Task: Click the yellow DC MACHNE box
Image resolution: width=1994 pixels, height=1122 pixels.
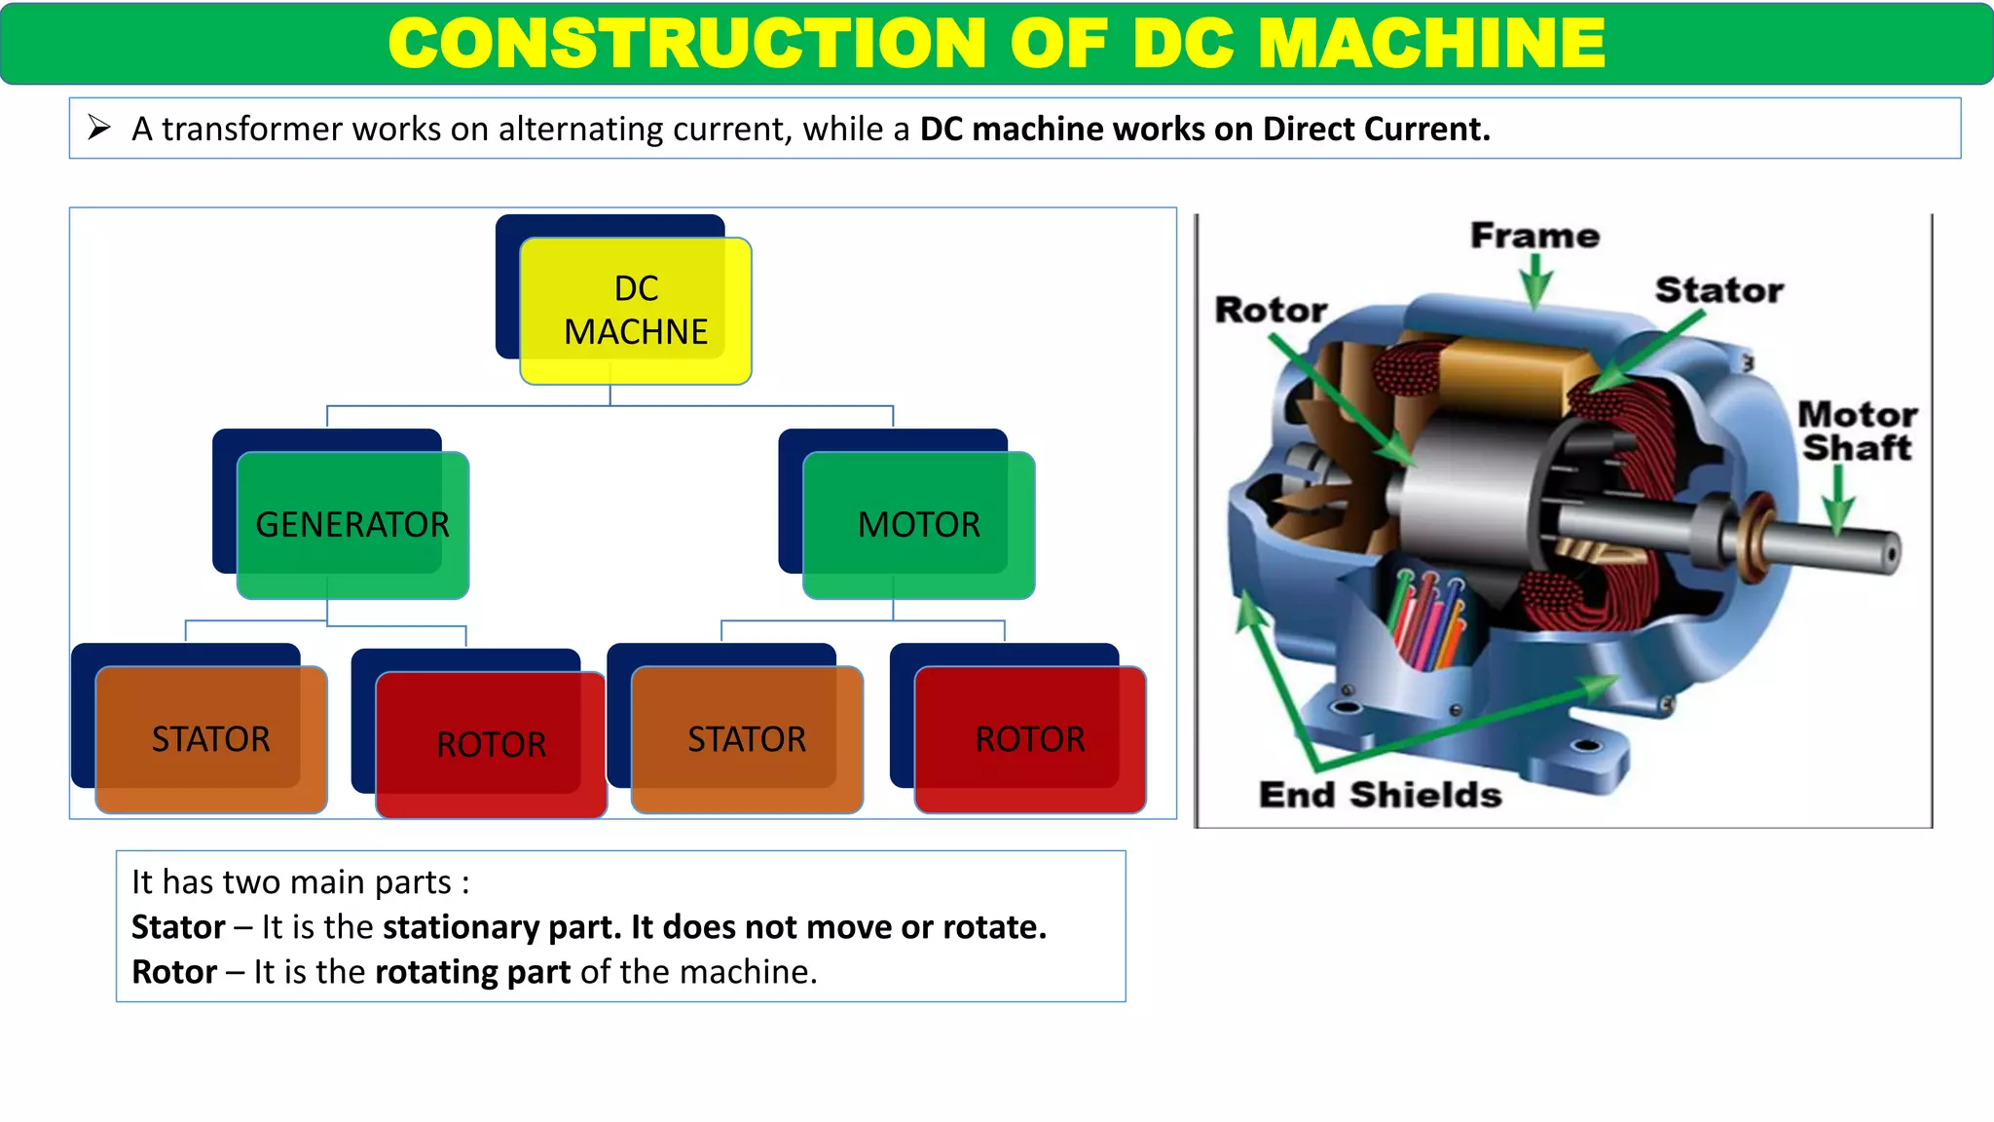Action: (636, 311)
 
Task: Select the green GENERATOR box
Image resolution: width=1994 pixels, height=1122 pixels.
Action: (352, 525)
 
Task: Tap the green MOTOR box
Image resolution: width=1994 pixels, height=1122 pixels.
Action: (918, 525)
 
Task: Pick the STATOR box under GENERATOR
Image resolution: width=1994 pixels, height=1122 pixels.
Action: (211, 739)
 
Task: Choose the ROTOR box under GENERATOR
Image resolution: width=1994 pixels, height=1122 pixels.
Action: (491, 744)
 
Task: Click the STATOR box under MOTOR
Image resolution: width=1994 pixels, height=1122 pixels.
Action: (747, 739)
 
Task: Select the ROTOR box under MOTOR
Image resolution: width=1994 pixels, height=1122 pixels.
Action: (1030, 739)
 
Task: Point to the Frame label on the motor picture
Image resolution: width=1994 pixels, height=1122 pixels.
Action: (1534, 236)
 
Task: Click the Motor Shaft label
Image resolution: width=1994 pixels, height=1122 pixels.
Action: (1857, 430)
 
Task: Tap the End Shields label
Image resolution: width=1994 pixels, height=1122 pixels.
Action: (1380, 795)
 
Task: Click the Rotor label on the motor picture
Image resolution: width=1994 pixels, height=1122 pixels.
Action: (1271, 310)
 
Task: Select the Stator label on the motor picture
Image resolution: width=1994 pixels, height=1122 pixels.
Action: (1719, 290)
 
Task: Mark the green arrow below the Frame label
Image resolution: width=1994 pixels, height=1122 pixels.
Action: (1535, 281)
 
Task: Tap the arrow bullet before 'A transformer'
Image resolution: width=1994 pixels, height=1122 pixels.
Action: (98, 128)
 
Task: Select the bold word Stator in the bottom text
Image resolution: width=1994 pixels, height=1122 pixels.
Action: (178, 927)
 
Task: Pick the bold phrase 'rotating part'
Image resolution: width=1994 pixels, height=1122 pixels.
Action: (473, 972)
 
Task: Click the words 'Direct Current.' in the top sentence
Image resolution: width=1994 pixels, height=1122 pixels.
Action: (1377, 129)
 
